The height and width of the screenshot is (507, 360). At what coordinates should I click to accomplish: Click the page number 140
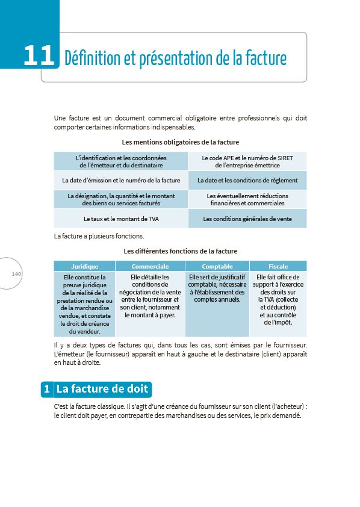click(16, 274)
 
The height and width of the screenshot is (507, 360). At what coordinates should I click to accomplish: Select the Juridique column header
click(84, 266)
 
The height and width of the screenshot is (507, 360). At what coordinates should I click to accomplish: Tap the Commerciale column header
click(150, 266)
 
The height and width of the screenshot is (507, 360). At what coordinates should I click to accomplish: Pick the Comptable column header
click(217, 266)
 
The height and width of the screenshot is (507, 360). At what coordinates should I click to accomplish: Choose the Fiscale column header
click(278, 266)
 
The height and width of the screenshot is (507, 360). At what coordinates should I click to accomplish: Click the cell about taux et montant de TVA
click(121, 219)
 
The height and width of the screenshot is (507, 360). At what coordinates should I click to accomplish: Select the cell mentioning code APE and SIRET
click(247, 161)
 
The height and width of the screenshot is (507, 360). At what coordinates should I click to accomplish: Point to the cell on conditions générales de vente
click(247, 219)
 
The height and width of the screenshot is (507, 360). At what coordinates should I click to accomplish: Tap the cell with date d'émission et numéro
click(121, 180)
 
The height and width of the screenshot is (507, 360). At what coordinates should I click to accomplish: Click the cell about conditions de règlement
click(247, 180)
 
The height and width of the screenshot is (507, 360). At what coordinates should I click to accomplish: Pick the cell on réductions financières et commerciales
click(247, 199)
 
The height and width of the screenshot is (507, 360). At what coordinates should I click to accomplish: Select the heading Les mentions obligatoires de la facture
click(181, 142)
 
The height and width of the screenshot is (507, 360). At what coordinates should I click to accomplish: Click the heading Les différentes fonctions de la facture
click(181, 250)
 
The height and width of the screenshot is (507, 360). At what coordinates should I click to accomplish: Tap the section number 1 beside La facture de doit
click(47, 389)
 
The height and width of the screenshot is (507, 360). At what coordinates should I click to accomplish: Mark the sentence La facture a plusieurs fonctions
click(99, 235)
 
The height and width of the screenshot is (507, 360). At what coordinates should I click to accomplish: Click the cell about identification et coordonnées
click(121, 161)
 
